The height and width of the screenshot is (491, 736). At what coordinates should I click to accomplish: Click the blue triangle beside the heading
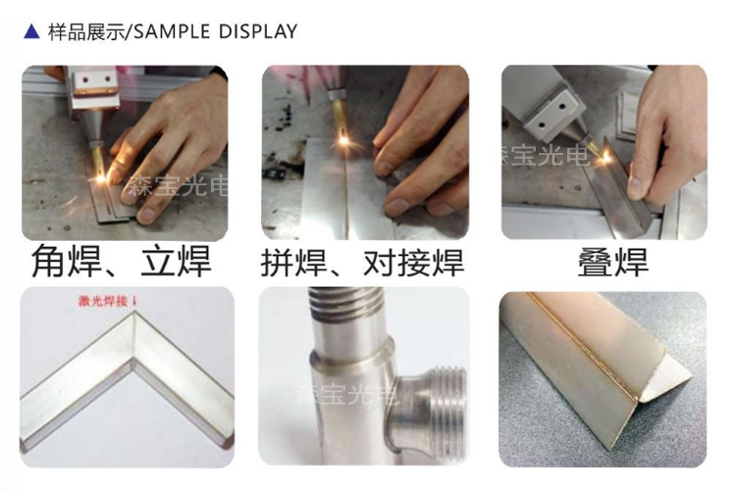31,31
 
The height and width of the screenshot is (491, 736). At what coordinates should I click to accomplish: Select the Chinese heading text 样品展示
87,32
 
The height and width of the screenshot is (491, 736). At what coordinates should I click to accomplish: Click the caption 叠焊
613,262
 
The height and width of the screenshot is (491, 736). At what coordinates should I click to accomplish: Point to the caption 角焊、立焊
122,262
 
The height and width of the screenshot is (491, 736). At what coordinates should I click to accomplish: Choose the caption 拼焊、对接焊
362,262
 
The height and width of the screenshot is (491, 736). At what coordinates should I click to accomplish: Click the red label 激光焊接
103,301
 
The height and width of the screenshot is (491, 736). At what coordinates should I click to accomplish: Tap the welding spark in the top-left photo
101,177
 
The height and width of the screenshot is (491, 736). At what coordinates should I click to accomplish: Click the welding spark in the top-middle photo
344,139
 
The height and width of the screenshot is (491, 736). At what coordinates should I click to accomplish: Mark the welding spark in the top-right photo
605,157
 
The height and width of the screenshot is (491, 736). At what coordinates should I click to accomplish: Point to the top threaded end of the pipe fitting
346,304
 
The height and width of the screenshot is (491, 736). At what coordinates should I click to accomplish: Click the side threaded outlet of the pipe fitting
444,405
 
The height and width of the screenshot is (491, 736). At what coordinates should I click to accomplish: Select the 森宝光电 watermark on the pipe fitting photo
346,393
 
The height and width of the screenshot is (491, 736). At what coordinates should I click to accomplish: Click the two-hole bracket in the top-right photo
553,114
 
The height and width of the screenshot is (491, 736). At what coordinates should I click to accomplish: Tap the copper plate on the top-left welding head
95,93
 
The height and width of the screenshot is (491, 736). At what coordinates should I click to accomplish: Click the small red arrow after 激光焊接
134,301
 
